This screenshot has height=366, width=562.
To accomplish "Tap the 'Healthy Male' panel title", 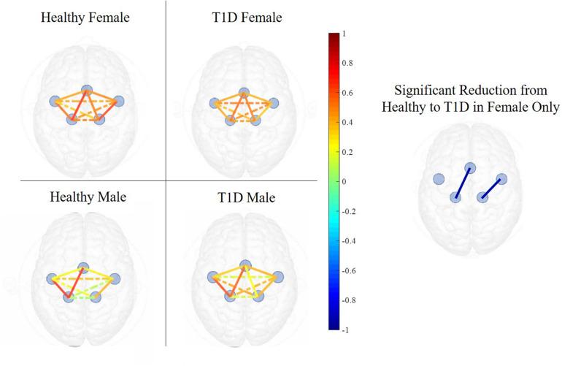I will click(x=82, y=197).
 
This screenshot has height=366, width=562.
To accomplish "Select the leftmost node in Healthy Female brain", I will click(x=55, y=102).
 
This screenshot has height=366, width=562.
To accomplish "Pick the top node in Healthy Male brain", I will click(x=83, y=267).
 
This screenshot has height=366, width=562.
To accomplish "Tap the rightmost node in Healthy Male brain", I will click(x=115, y=278).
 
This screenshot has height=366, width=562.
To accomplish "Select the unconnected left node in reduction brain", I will click(x=439, y=180).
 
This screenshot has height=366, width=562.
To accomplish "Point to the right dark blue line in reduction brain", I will click(x=492, y=188).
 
